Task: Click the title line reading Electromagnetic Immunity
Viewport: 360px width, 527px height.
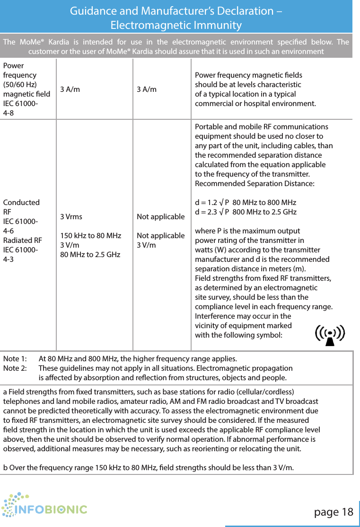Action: coord(176,25)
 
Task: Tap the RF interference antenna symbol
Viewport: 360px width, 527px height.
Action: coord(330,336)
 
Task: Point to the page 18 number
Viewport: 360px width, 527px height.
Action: coord(334,512)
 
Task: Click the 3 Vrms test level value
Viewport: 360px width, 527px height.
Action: coord(71,217)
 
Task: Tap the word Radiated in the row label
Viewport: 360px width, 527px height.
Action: coord(18,240)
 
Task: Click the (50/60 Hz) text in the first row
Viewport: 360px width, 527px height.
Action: coord(20,84)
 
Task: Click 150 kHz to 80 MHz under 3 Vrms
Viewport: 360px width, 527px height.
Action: coord(90,236)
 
